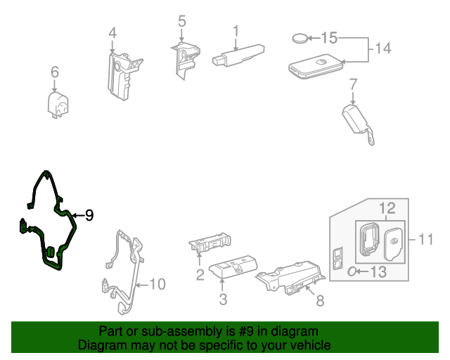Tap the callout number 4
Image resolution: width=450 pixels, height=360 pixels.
(112, 33)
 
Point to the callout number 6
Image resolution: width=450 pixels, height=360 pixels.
(55, 72)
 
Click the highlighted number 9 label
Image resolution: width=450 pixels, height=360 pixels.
(89, 216)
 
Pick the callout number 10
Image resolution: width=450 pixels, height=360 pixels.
(157, 284)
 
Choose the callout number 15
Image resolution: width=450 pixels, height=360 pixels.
(330, 37)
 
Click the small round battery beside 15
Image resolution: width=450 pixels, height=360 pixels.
(302, 38)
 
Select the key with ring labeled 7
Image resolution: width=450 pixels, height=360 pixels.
(356, 120)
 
